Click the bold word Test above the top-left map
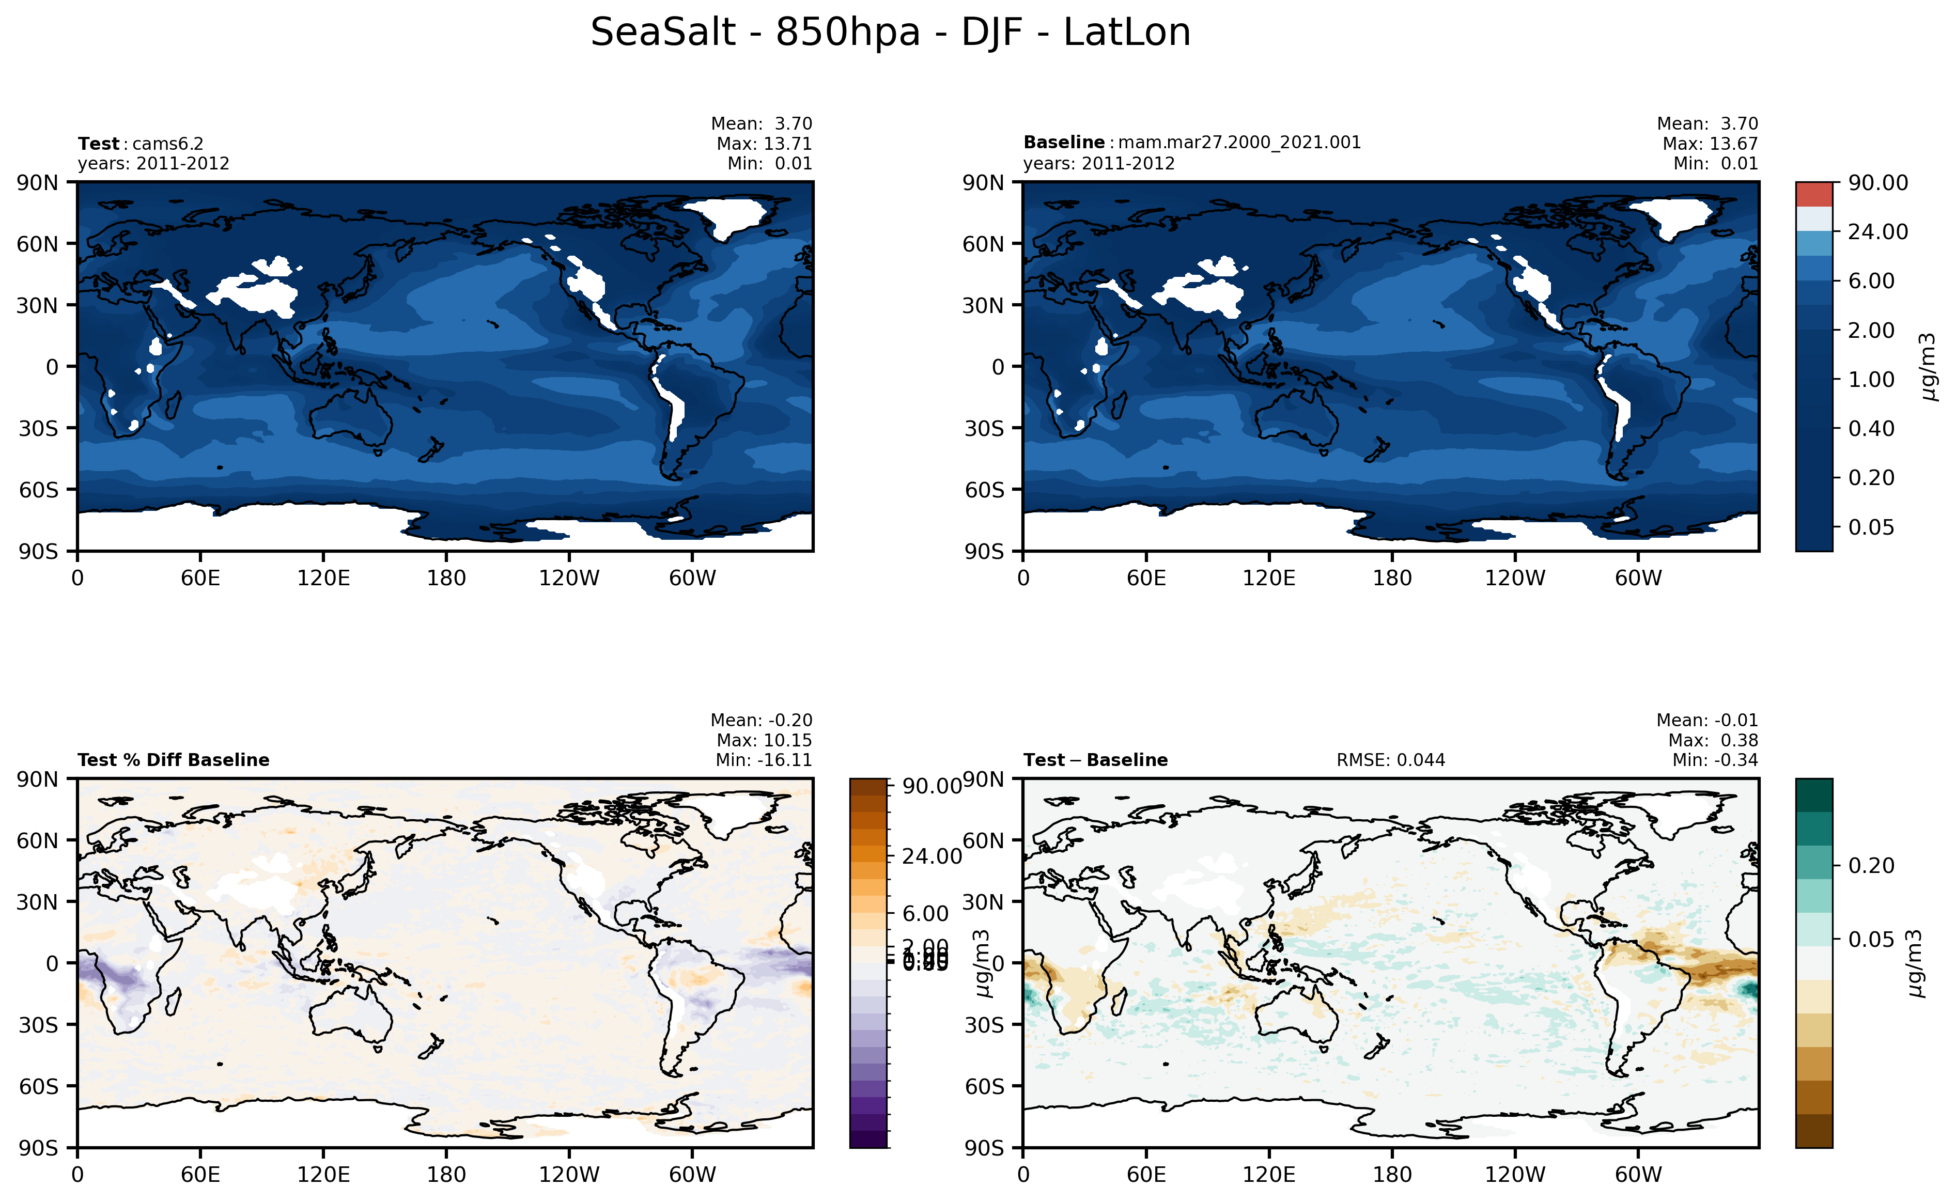point(98,144)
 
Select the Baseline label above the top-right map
point(1063,142)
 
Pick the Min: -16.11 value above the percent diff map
point(763,760)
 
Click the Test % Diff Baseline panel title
point(174,760)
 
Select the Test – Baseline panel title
point(1095,760)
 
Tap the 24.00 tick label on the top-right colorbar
point(1877,232)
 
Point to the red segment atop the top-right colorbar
point(1814,194)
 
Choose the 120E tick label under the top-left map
point(323,578)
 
